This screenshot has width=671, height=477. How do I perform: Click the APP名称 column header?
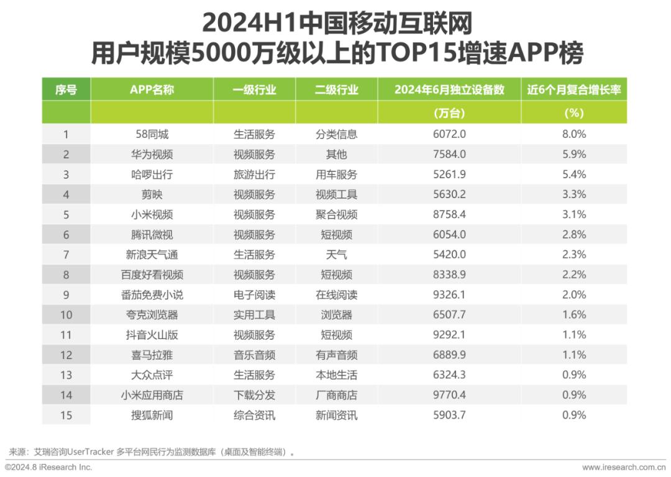point(152,90)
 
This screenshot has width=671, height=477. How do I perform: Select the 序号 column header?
point(66,90)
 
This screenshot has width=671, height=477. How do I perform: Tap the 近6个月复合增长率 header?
point(574,90)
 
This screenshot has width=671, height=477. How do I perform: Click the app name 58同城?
point(152,134)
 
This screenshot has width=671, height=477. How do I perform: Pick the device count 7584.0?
point(449,155)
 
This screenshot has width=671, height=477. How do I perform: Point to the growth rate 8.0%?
point(574,134)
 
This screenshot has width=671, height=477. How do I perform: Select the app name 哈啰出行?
point(152,175)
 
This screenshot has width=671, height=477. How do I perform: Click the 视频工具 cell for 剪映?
point(336,194)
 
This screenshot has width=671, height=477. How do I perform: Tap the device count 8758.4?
point(449,215)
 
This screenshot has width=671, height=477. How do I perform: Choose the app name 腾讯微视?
point(152,235)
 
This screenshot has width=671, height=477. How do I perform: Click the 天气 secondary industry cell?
point(336,255)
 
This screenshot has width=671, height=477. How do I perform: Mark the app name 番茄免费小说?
point(152,295)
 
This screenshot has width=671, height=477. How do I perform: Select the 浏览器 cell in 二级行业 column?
point(336,316)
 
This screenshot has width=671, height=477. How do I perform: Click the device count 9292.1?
point(449,335)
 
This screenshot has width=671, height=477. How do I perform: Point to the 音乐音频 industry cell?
point(254,355)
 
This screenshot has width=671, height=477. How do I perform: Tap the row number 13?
point(66,375)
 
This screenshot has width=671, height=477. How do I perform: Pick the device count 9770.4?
point(449,395)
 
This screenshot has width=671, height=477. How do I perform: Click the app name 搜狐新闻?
point(152,416)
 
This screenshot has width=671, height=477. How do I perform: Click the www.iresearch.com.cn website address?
point(624,468)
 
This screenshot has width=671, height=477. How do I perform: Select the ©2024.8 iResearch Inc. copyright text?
point(49,468)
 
